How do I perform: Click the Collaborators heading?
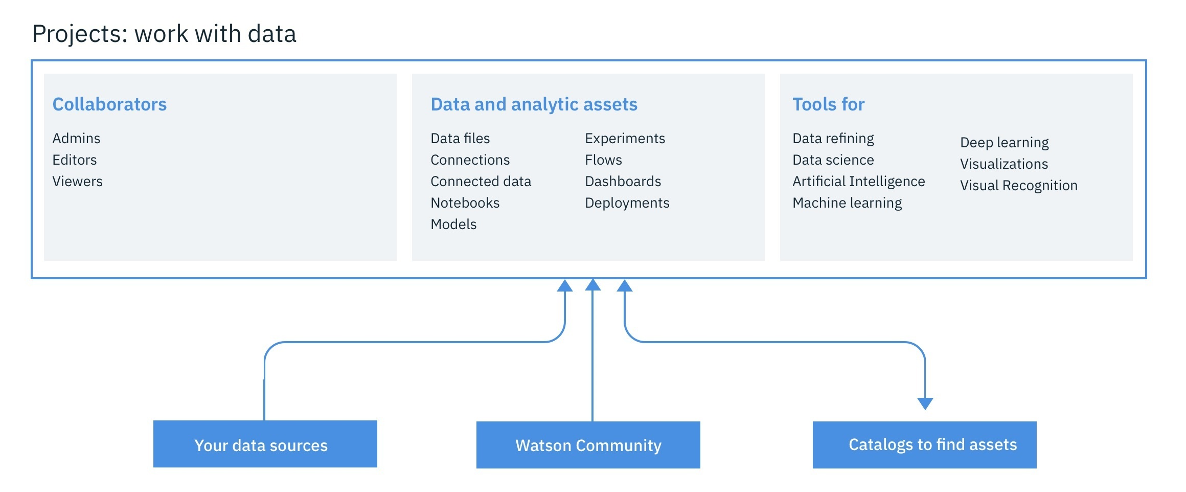109,104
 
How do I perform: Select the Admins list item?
76,139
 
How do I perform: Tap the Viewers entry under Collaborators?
77,182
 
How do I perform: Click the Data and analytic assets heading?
534,104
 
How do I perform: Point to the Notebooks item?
465,203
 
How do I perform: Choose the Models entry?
453,225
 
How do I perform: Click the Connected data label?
481,182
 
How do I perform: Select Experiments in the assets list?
625,139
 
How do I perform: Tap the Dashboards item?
623,182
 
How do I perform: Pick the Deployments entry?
627,203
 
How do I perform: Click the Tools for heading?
828,104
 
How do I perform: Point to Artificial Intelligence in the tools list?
858,182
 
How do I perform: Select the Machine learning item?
847,203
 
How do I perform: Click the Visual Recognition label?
1018,186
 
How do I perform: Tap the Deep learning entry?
1004,143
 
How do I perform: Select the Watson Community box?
588,445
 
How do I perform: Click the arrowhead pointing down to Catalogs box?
925,404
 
